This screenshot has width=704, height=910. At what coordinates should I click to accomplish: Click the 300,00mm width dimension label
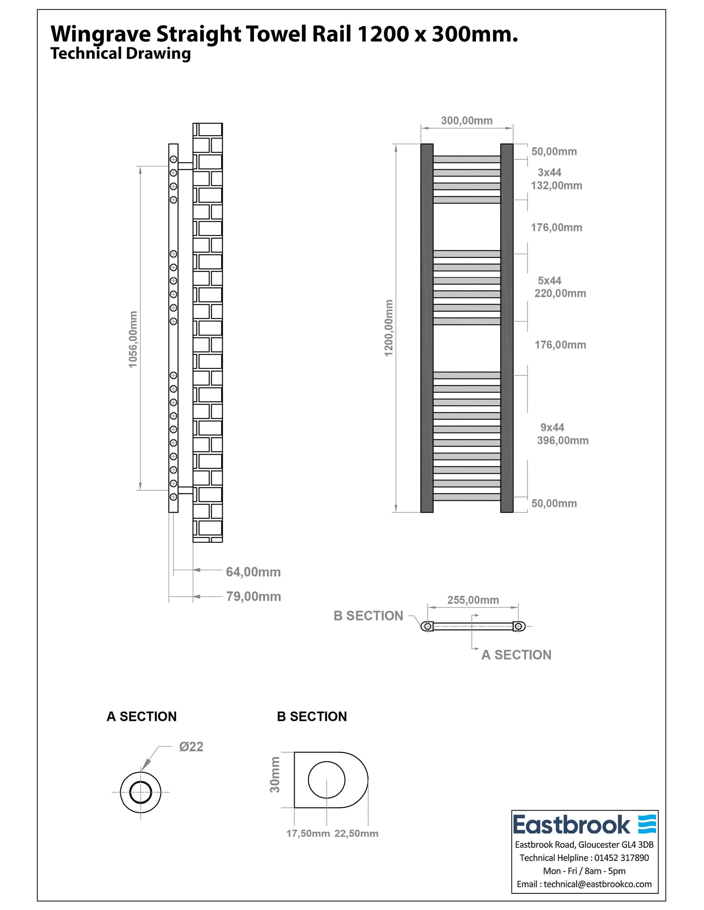[466, 121]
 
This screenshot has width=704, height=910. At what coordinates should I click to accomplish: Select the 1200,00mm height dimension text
[389, 328]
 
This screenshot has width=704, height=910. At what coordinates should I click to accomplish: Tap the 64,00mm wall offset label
[253, 572]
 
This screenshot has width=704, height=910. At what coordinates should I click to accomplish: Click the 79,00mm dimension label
[253, 597]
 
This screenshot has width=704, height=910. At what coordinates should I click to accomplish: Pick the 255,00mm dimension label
[473, 600]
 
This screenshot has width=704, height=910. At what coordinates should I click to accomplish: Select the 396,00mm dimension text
[563, 441]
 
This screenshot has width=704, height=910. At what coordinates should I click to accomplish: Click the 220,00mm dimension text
[560, 293]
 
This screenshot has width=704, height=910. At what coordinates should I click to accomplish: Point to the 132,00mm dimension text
[556, 185]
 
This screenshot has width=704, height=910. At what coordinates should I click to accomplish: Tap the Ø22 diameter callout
[191, 747]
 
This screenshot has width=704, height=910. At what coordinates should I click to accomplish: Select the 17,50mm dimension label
[308, 833]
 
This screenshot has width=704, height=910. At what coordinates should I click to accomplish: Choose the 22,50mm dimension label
[356, 833]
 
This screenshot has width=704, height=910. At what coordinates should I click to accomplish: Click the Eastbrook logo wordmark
[571, 825]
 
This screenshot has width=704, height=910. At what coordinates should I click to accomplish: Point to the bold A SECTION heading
[141, 716]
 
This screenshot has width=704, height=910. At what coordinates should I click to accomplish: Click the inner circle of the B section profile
[327, 780]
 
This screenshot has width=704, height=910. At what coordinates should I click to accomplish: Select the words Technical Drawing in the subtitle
[120, 54]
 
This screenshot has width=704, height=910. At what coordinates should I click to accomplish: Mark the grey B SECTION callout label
[368, 616]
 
